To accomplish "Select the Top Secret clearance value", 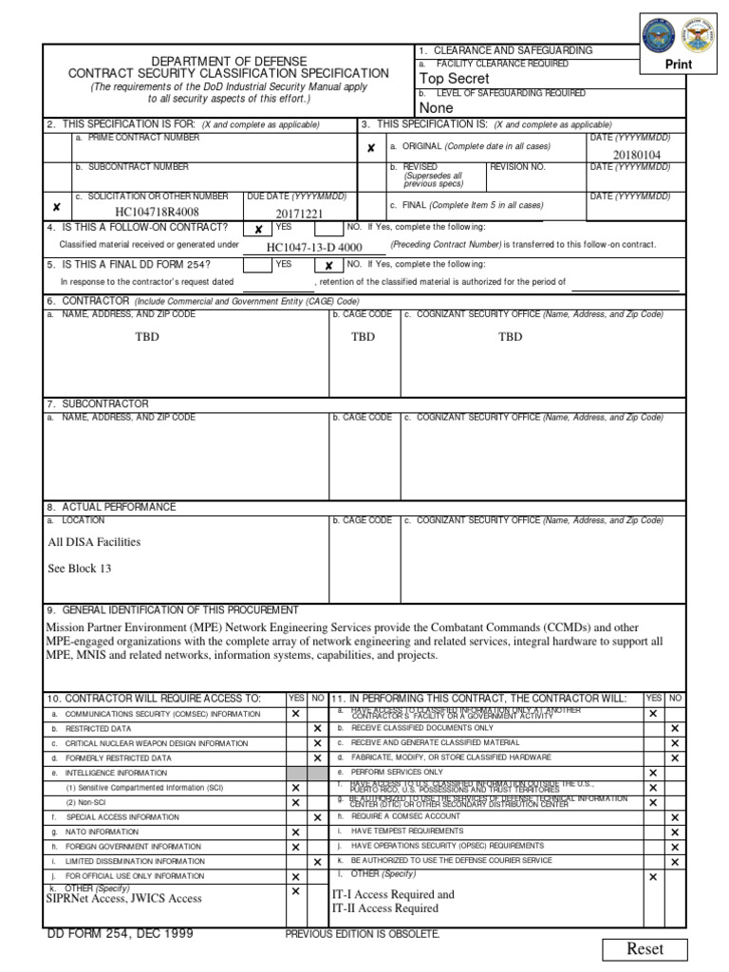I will pos(455,79).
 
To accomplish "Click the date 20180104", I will pos(636,155).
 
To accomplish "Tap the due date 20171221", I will pos(299,214).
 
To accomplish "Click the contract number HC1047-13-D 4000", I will pos(314,247).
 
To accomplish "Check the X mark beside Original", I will pos(371,148).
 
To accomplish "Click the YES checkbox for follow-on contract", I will pos(258,230).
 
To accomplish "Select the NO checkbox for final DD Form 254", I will pos(328,267).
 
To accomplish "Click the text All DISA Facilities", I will pos(94,542).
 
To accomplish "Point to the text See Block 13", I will pos(80,569).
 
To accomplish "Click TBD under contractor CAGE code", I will pos(364,337).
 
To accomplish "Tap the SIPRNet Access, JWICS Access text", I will pos(123,898).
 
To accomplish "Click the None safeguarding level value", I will pos(437,108).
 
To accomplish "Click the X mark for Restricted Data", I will pos(317,729).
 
